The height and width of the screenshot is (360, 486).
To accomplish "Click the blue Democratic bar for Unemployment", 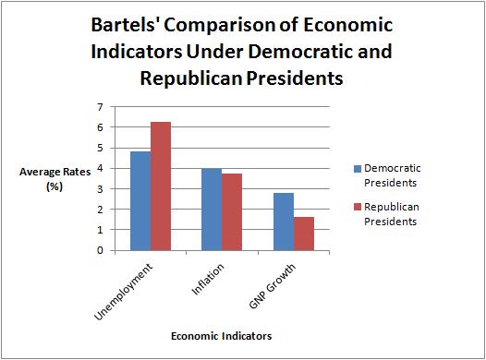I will coord(140,200).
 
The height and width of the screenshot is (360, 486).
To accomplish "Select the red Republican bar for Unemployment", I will coord(162,186).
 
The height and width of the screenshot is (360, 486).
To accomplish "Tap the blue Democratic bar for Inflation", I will coord(212,209).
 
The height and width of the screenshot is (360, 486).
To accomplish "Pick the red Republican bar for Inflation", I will coord(233,211).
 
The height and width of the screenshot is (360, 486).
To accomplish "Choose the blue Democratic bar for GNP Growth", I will coord(283,222).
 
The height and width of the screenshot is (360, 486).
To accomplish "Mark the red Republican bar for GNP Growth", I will coord(304,234).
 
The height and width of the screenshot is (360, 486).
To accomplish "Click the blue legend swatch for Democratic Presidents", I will coord(357,169).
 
